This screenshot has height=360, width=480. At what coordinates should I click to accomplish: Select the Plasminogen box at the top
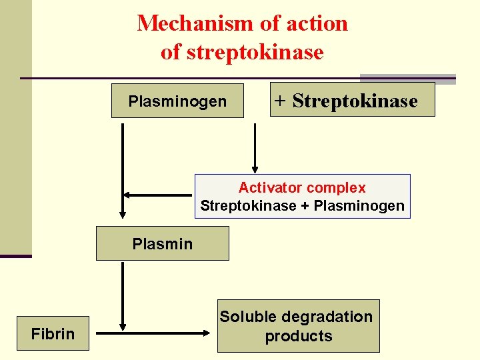(x=177, y=101)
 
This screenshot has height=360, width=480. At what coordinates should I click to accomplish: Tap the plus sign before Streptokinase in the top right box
(x=281, y=101)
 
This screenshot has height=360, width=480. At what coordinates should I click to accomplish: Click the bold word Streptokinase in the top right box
(x=355, y=101)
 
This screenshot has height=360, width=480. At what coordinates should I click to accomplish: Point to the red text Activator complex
(x=302, y=188)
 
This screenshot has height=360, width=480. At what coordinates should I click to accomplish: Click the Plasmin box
(x=162, y=243)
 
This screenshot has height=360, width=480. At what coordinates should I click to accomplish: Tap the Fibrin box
(x=53, y=333)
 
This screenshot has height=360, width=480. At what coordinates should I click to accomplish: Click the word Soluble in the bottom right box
(x=249, y=317)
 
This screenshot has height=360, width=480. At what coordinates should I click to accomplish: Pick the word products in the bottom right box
(x=298, y=336)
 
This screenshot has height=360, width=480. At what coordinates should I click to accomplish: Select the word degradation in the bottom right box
(x=327, y=317)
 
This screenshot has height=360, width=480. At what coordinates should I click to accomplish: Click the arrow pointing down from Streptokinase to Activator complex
(x=254, y=150)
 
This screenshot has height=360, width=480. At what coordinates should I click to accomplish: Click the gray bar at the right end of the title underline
(x=407, y=79)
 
